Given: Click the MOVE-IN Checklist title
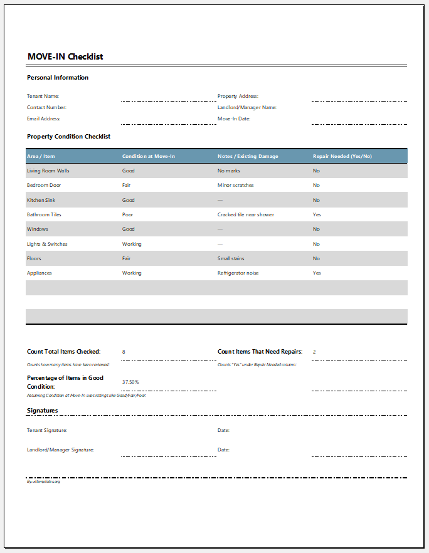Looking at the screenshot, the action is (x=65, y=56).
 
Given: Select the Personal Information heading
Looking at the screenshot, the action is (x=58, y=78).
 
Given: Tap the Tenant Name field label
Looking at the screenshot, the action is (x=43, y=97).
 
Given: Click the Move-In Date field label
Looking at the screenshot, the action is (x=234, y=118).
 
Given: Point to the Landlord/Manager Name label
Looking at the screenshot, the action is (x=247, y=107).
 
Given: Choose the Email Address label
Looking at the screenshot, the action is (x=43, y=118).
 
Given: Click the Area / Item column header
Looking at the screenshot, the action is (x=41, y=156).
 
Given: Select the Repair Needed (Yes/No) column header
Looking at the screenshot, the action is (x=342, y=156).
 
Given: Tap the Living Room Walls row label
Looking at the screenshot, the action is (x=48, y=171).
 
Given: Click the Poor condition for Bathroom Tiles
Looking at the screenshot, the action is (x=127, y=214).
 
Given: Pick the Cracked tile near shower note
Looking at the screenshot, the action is (x=246, y=214).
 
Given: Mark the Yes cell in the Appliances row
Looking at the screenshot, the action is (x=317, y=273).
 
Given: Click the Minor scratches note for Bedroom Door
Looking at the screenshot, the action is (x=236, y=186).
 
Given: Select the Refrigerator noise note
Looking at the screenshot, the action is (x=238, y=273).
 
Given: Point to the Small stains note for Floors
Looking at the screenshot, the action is (x=231, y=258).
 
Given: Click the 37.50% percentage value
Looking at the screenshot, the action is (x=130, y=382).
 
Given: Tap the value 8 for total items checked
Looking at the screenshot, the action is (x=124, y=352).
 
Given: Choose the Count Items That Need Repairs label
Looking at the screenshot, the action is (x=260, y=352).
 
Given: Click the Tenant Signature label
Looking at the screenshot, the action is (x=47, y=431).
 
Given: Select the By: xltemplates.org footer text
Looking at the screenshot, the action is (x=43, y=482).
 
